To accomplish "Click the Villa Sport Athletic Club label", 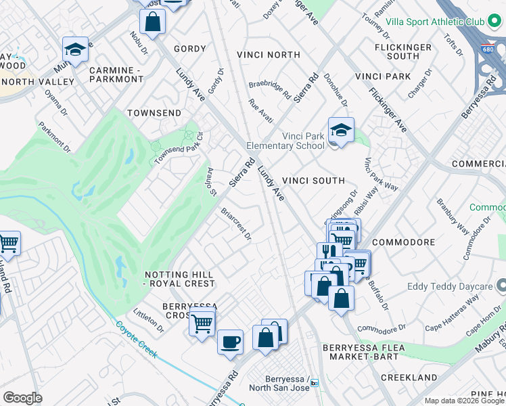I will pos(435,22).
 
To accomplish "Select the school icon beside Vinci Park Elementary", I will pos(341,131).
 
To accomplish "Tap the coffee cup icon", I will pos(230,341).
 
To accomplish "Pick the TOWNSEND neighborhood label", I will pos(154,112).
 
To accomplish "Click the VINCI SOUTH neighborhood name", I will pos(313,181).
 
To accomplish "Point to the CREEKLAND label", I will pos(407,376).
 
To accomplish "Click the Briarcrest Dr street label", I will pos(236,224).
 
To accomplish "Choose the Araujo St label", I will pos(211,183).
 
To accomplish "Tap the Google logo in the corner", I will pos(22,398).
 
